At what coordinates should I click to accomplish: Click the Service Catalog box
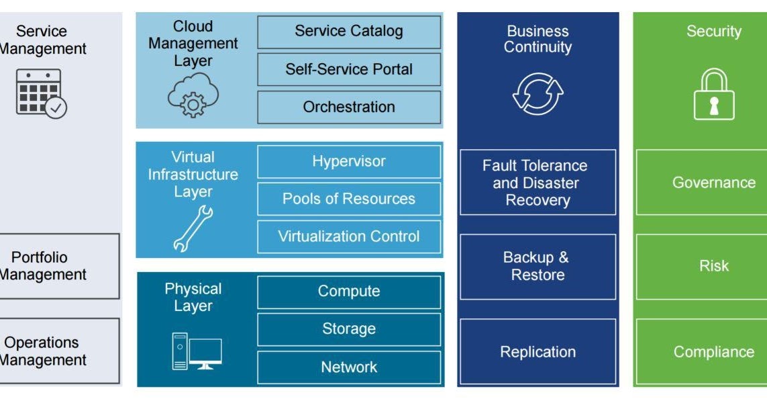pyautogui.click(x=349, y=32)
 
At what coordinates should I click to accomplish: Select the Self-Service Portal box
pyautogui.click(x=349, y=69)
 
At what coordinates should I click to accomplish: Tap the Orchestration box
pyautogui.click(x=349, y=107)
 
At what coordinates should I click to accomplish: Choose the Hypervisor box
pyautogui.click(x=349, y=162)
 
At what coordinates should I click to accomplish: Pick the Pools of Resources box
pyautogui.click(x=349, y=199)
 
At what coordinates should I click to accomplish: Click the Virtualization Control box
pyautogui.click(x=349, y=236)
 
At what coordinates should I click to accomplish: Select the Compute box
pyautogui.click(x=349, y=292)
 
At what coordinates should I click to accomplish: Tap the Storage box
pyautogui.click(x=349, y=329)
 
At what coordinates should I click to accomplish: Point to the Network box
pyautogui.click(x=349, y=367)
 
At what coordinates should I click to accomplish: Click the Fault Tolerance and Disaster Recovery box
pyautogui.click(x=538, y=183)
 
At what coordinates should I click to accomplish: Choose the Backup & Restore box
pyautogui.click(x=538, y=267)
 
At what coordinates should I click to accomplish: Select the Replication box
pyautogui.click(x=538, y=352)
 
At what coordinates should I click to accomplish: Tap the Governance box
pyautogui.click(x=713, y=183)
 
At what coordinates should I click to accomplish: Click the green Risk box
pyautogui.click(x=713, y=266)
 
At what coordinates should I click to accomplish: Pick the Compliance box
pyautogui.click(x=713, y=352)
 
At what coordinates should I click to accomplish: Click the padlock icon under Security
pyautogui.click(x=713, y=95)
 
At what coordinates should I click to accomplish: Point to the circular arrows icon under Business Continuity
pyautogui.click(x=538, y=93)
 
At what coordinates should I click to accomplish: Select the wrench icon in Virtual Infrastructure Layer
pyautogui.click(x=193, y=229)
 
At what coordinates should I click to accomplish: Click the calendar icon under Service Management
pyautogui.click(x=41, y=93)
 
